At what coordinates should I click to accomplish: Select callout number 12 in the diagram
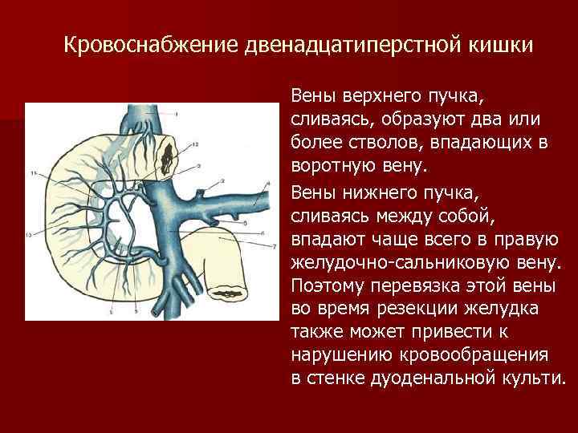(x=194, y=144)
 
